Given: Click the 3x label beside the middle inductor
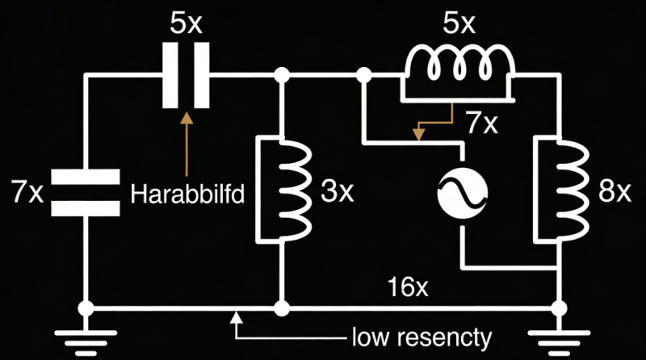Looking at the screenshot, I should pos(337,192).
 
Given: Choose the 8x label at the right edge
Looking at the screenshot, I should pos(613,192).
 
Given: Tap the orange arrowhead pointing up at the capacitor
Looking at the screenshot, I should pos(187,118).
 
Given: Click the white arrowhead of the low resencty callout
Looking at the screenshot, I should pos(236,318).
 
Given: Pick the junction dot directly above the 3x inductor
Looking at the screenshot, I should pos(282,76).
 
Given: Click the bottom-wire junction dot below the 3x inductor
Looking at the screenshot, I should pos(282,309).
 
